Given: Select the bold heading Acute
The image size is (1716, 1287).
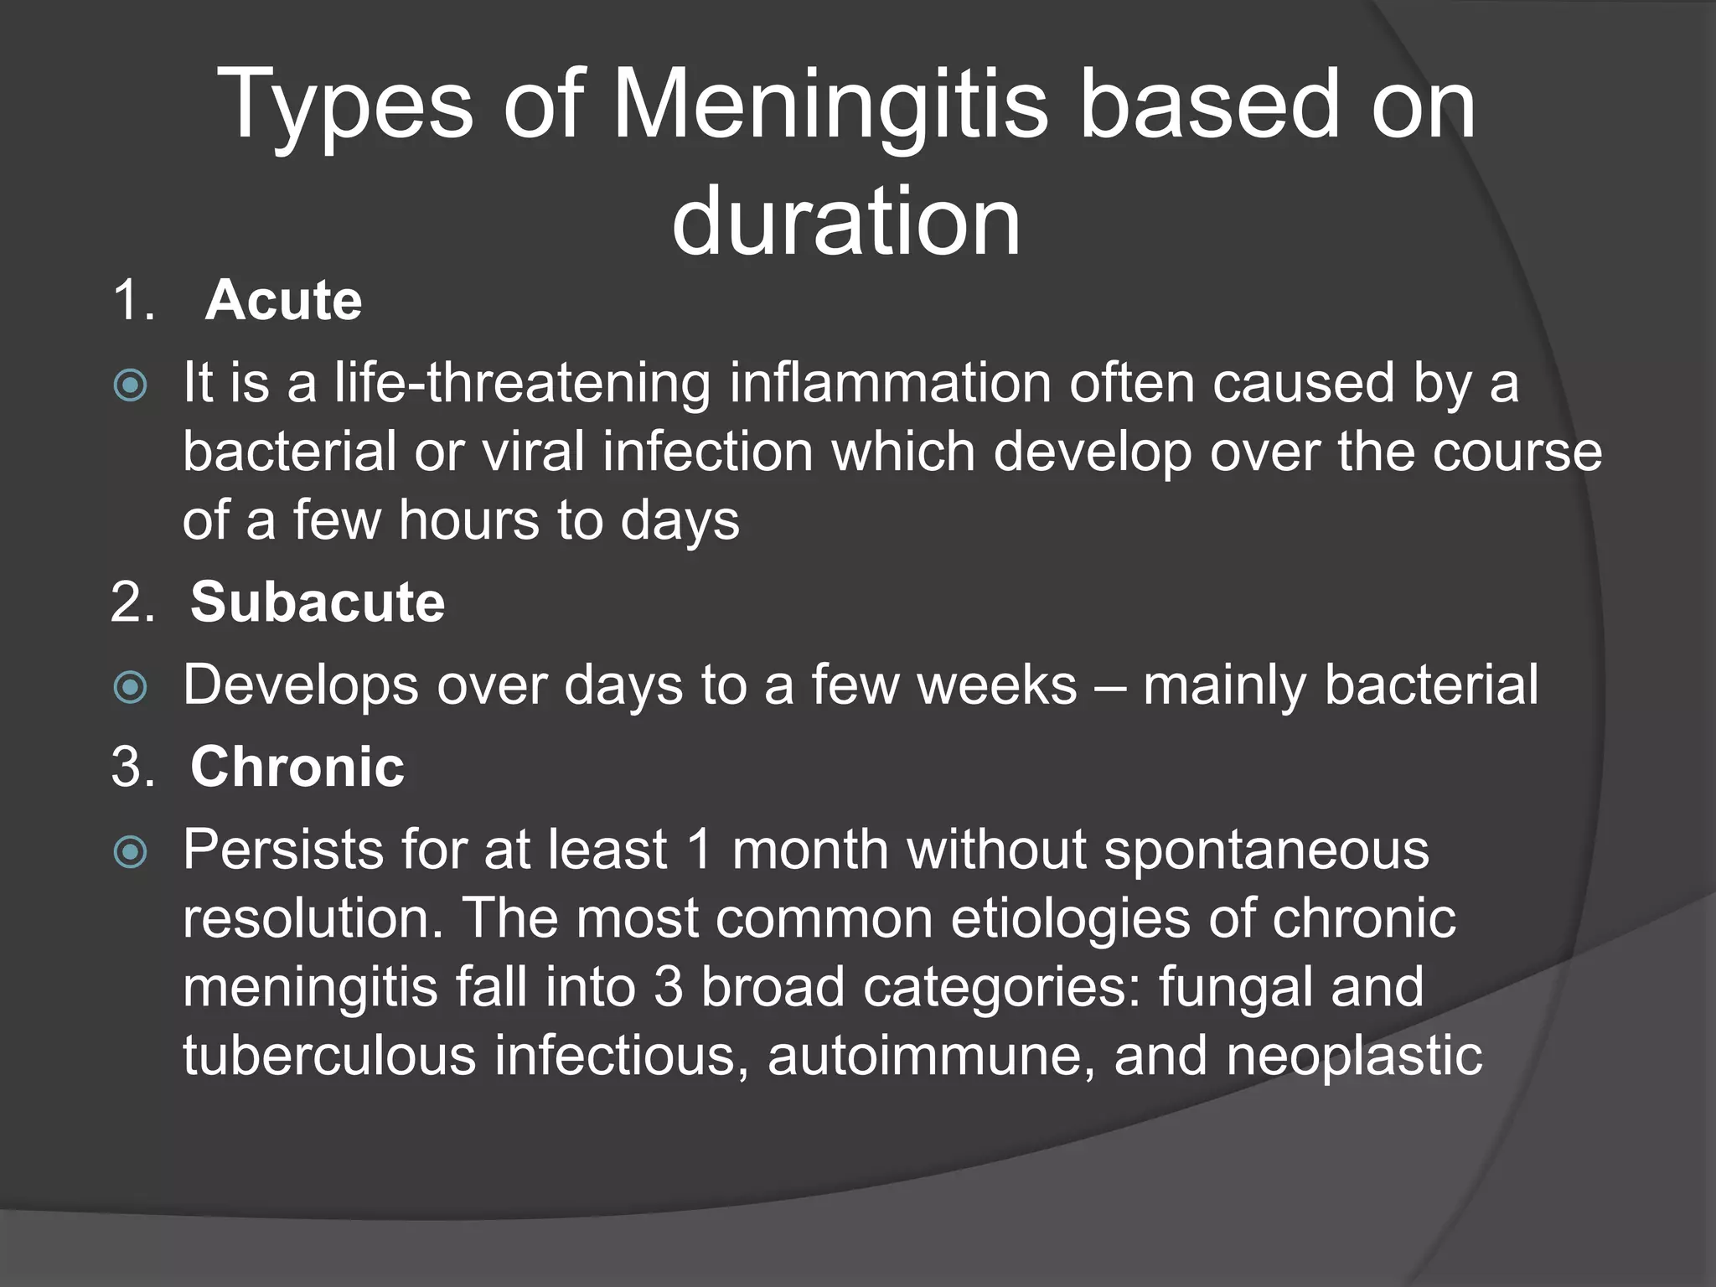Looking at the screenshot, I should (x=283, y=300).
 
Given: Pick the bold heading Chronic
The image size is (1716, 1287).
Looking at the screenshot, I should (x=297, y=767).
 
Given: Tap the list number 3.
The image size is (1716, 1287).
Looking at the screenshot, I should (x=132, y=767).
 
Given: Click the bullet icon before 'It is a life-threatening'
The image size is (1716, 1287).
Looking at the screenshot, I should (x=131, y=386).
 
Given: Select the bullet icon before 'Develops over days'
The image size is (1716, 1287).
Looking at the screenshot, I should (x=131, y=688).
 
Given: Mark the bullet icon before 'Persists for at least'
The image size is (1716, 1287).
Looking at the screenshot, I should (x=131, y=853).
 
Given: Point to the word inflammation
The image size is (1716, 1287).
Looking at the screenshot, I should (x=890, y=383).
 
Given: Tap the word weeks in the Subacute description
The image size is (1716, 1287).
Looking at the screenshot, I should (x=997, y=685).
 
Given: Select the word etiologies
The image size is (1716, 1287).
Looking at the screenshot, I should (x=1070, y=918).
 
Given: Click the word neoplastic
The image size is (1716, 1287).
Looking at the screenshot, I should (x=1354, y=1056).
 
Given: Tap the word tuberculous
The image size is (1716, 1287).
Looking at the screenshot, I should (x=329, y=1056).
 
